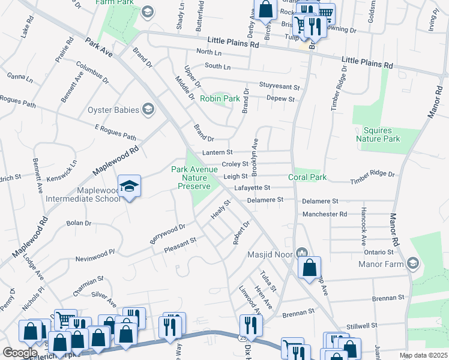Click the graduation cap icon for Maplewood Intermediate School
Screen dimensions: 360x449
click(x=129, y=187)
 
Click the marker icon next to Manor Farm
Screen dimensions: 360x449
click(x=413, y=263)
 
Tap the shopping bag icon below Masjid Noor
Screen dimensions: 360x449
click(x=309, y=268)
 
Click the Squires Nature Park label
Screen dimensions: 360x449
click(x=382, y=134)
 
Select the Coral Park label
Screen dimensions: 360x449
click(x=307, y=178)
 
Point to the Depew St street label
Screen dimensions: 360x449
click(x=280, y=99)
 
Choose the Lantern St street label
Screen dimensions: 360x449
click(x=217, y=152)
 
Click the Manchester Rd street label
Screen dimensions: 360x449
click(x=325, y=214)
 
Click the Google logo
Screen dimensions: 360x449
click(x=20, y=352)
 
